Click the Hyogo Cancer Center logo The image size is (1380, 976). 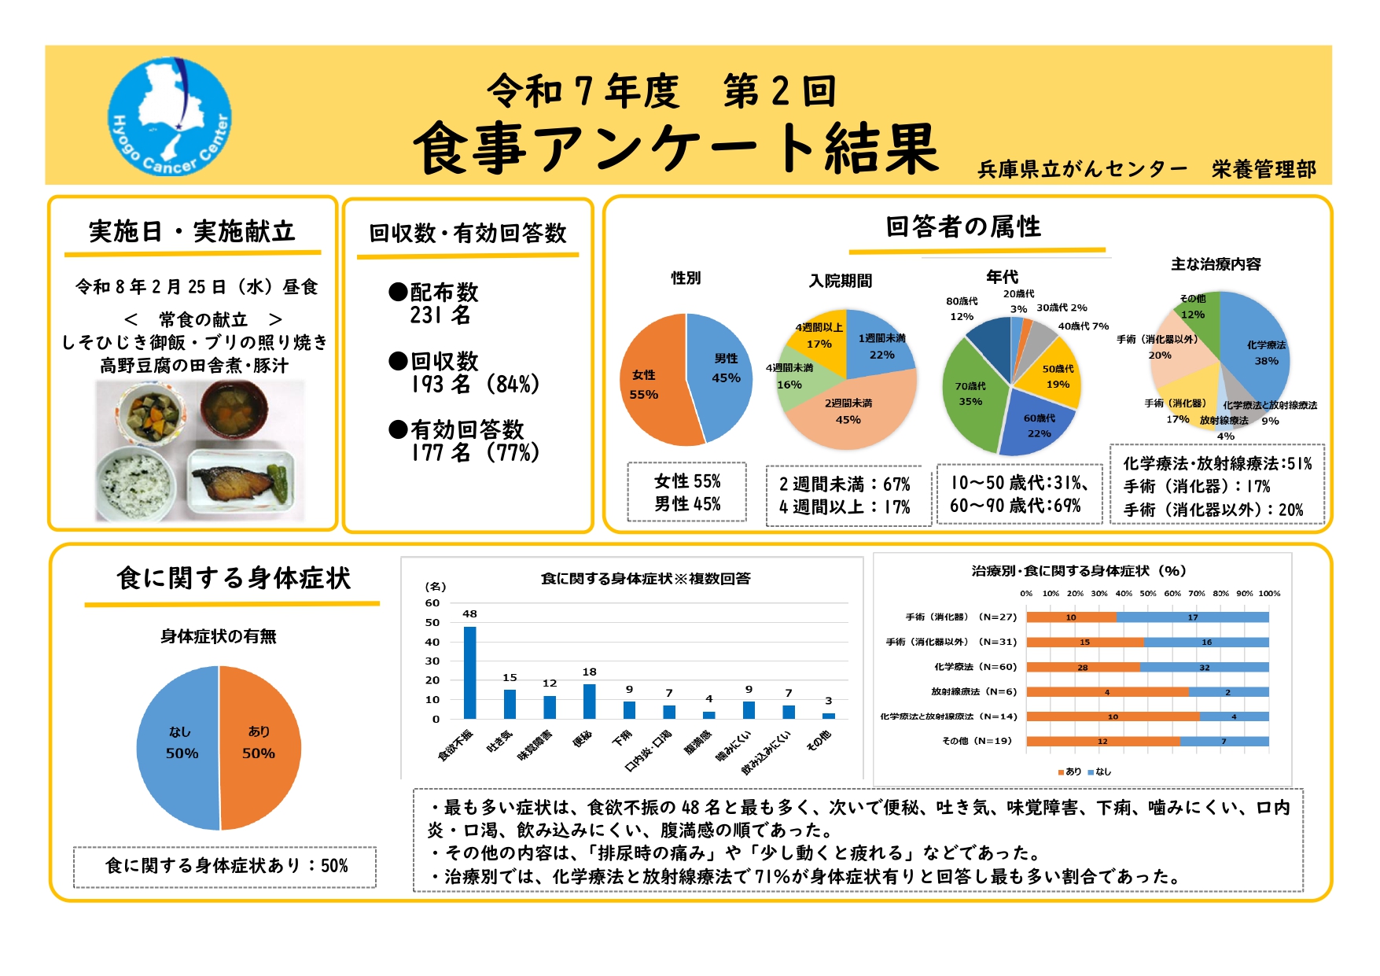169,116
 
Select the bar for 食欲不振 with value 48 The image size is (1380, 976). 469,672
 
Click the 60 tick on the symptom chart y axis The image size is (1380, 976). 432,603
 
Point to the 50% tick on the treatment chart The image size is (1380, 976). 1148,594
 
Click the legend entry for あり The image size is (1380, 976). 1069,772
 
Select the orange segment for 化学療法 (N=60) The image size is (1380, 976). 1083,667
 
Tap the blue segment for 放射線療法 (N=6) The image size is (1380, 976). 1228,692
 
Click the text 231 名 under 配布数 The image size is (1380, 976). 440,316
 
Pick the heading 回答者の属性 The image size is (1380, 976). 963,227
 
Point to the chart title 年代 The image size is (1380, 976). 1002,277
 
